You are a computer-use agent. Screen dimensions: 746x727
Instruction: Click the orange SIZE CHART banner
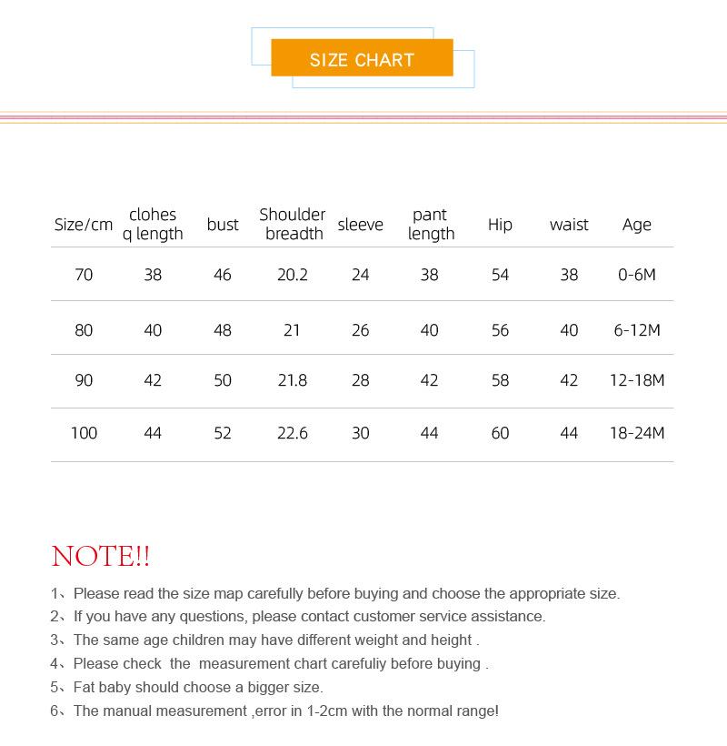[x=362, y=59]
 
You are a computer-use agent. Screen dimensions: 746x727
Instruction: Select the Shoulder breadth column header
[x=293, y=224]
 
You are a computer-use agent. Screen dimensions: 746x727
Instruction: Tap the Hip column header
[x=500, y=225]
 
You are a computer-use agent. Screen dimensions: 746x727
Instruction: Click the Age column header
[x=637, y=225]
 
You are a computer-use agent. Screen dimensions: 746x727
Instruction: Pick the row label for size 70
[x=84, y=275]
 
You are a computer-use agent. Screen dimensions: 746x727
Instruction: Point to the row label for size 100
[x=84, y=433]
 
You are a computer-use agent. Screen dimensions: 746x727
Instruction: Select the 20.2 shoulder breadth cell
[x=293, y=275]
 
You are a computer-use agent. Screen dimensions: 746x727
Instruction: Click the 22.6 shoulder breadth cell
[x=293, y=433]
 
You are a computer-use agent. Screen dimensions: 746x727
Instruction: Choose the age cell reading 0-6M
[x=636, y=275]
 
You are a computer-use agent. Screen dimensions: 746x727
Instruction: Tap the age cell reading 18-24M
[x=637, y=433]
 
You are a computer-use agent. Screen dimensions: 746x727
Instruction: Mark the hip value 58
[x=500, y=380]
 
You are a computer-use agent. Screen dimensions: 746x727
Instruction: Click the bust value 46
[x=223, y=275]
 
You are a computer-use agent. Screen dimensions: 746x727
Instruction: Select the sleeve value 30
[x=361, y=433]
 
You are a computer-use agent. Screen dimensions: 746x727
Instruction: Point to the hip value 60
[x=500, y=433]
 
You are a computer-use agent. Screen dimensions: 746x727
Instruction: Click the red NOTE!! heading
[x=101, y=556]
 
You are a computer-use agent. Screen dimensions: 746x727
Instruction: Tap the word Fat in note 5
[x=85, y=688]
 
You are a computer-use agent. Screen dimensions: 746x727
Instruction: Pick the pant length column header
[x=431, y=224]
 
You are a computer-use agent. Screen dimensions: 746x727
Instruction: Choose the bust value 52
[x=223, y=433]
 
